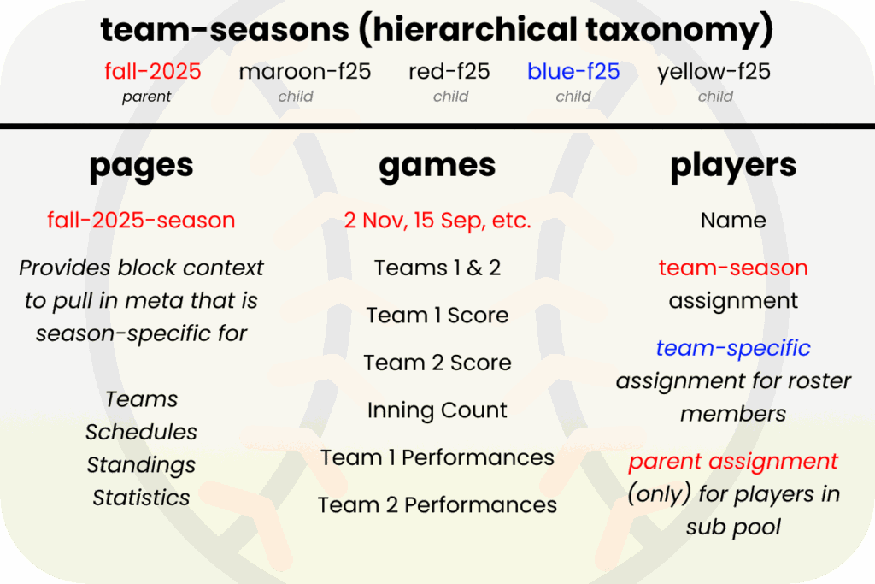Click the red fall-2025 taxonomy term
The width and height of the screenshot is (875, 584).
point(146,71)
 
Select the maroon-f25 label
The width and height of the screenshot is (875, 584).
point(305,71)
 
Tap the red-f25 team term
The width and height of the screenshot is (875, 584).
point(449,71)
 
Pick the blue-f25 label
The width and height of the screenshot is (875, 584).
point(573,71)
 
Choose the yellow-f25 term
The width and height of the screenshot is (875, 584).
point(714,71)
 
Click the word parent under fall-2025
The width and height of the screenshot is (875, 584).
point(146,97)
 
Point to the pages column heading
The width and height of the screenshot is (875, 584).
point(141,166)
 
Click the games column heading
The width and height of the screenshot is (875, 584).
point(437,166)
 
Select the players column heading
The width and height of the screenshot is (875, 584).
point(733,166)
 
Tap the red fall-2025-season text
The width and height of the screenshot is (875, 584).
point(141,221)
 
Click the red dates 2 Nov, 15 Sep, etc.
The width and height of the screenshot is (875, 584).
point(437,221)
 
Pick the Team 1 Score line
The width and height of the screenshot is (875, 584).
point(437,316)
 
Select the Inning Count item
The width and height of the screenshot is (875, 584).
point(437,410)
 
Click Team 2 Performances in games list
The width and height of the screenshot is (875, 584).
point(437,505)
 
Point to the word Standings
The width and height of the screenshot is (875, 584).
point(141,465)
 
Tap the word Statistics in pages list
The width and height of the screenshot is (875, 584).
point(141,498)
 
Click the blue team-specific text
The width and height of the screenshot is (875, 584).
point(733,349)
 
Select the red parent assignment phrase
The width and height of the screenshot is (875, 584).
point(733,462)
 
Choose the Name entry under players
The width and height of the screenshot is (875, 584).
point(733,221)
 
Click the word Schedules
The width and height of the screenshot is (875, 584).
point(141,433)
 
